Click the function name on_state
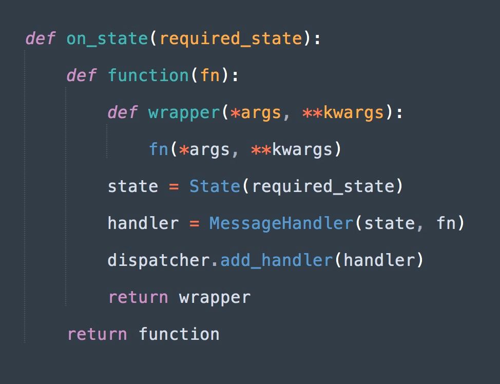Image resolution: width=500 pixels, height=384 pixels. (107, 39)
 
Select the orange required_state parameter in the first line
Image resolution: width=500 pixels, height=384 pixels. (230, 39)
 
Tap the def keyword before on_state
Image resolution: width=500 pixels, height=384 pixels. (40, 39)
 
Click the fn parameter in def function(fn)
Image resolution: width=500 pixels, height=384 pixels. (210, 76)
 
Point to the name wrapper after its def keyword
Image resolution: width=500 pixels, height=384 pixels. (184, 112)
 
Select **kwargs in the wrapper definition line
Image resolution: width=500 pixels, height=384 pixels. (343, 112)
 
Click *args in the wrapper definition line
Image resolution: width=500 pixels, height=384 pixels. (256, 112)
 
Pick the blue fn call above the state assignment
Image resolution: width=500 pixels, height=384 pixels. (159, 149)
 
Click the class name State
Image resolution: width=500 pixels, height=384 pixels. (215, 186)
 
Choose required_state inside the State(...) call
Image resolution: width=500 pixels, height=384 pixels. (322, 186)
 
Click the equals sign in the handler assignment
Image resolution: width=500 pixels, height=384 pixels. (194, 223)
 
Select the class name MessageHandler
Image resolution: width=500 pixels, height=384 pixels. (281, 223)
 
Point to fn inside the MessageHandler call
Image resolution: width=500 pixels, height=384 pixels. (446, 223)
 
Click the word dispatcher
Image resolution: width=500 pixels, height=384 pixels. (159, 260)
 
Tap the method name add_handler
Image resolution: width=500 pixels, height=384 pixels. (276, 260)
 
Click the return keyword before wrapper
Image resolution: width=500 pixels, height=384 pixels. (138, 297)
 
